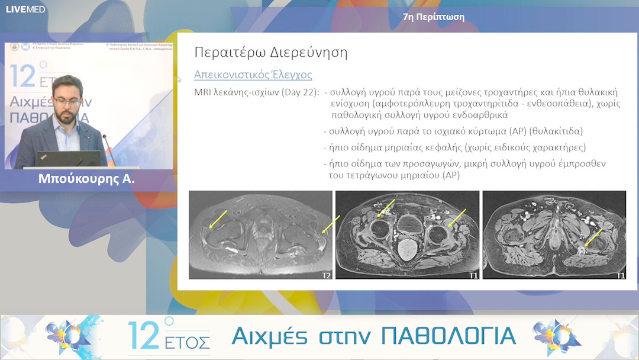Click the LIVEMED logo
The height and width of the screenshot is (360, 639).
pos(25,9)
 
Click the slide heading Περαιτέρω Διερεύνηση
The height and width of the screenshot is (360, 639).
pos(270,52)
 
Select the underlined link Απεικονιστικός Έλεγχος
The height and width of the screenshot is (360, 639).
pos(253,75)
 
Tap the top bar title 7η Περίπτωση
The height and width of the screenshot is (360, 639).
pos(433,17)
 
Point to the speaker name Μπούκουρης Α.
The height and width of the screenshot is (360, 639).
pos(86,178)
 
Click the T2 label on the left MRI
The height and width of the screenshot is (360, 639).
pos(325,275)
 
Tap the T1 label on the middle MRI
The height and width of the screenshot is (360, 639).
pos(473,275)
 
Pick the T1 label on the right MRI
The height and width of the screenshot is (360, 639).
pos(620,275)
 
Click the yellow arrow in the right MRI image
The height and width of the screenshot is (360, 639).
pos(593,237)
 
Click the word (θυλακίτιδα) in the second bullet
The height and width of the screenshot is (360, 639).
pos(557,131)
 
